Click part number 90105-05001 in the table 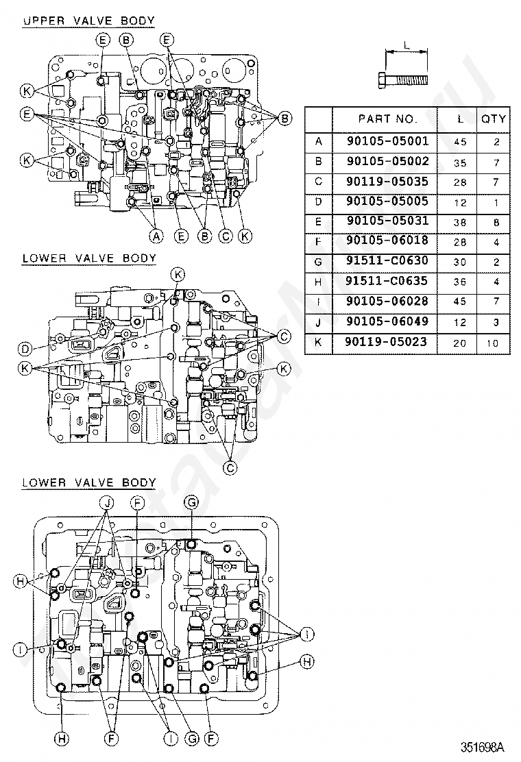coord(387,141)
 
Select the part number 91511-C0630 coord(387,261)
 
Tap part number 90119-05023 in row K coord(386,342)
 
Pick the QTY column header coord(494,119)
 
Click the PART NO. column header coord(387,119)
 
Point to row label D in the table coord(318,201)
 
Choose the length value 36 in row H coord(460,282)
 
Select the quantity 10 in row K coord(493,343)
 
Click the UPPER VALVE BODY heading coord(89,21)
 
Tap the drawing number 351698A coord(483,746)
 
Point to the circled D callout coord(25,348)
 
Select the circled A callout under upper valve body coord(156,236)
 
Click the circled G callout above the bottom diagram coord(191,502)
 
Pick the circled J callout coord(107,502)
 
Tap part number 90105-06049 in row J coord(387,321)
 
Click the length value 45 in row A coord(460,142)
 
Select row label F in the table coord(318,241)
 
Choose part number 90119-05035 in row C coord(387,182)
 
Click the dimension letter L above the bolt coord(407,45)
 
